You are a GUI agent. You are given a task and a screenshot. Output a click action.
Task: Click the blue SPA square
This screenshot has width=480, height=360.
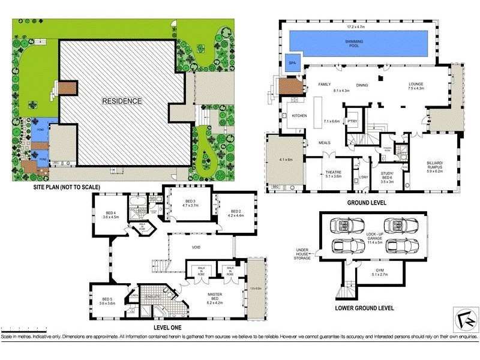(293, 63)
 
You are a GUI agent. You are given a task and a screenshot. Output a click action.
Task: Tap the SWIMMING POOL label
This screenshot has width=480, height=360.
(358, 43)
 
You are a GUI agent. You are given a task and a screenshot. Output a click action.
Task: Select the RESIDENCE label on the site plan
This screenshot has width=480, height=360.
(122, 101)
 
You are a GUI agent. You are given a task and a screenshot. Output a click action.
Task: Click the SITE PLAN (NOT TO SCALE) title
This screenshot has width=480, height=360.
(66, 187)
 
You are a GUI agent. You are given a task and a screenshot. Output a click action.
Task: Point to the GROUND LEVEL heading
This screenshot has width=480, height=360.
(367, 203)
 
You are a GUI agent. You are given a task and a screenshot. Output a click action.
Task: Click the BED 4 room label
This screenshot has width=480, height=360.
(111, 214)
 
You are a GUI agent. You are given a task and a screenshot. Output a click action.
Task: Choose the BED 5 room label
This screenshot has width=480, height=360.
(107, 301)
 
